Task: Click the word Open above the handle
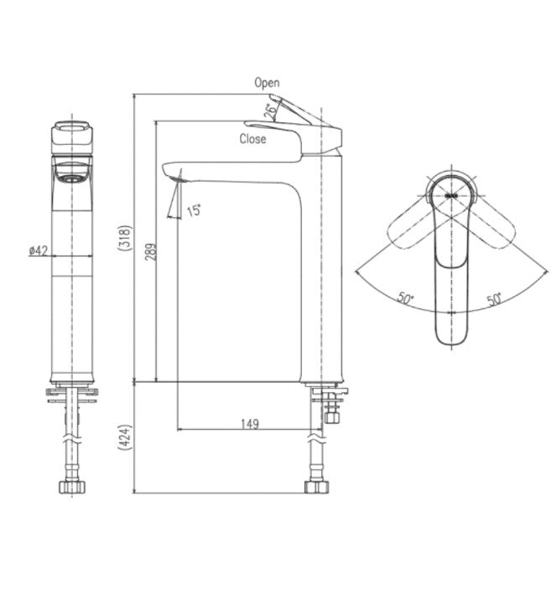coord(267,82)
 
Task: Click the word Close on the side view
coord(252,139)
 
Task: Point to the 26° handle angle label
coord(271,109)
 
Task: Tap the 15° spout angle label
coord(194,211)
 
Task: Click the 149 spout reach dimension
coord(249,424)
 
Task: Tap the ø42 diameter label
coord(38,251)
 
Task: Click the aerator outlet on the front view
coord(70,177)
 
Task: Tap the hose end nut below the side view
coord(316,486)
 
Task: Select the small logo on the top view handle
coord(451,194)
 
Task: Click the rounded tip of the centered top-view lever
coord(452,335)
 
